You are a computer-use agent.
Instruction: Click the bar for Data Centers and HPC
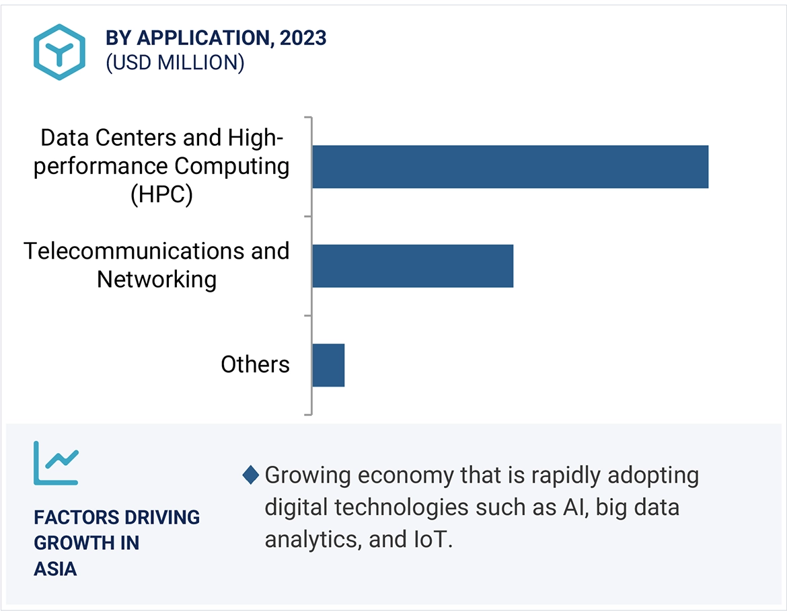[x=510, y=167]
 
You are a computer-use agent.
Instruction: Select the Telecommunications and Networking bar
[x=412, y=266]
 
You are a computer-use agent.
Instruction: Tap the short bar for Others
[x=328, y=365]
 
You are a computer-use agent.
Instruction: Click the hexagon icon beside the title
[x=60, y=52]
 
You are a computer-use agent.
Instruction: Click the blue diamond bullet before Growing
[x=250, y=475]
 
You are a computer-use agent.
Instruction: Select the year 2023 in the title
[x=303, y=38]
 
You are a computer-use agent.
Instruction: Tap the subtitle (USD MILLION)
[x=174, y=63]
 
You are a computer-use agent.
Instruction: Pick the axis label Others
[x=255, y=364]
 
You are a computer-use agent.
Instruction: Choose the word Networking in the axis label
[x=157, y=279]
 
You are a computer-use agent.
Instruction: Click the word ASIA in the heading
[x=55, y=569]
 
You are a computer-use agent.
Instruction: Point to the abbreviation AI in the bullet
[x=569, y=507]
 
